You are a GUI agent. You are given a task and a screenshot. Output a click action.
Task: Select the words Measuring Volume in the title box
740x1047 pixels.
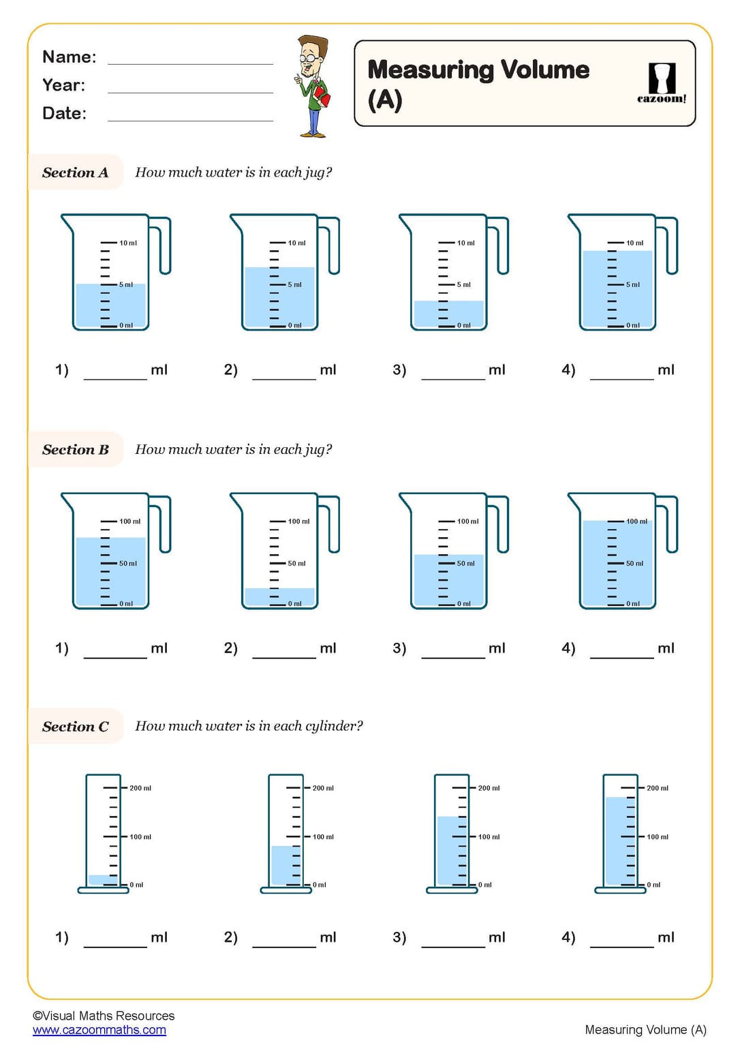click(478, 70)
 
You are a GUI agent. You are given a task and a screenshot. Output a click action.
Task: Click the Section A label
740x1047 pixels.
click(75, 172)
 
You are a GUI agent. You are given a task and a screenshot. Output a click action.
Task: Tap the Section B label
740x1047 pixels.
click(75, 450)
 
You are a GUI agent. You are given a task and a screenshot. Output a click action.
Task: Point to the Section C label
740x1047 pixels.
click(75, 727)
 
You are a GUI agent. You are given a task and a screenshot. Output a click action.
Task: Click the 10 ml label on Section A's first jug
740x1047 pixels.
click(128, 243)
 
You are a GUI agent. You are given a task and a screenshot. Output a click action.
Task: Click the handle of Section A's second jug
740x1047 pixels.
click(330, 245)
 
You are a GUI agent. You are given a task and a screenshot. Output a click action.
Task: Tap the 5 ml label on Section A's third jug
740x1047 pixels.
click(464, 284)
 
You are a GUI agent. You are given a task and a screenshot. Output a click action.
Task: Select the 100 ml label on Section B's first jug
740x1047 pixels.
click(129, 521)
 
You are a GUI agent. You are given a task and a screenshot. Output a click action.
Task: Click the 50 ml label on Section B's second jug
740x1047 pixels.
click(296, 563)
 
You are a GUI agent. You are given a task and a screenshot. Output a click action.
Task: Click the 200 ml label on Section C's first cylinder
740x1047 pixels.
click(140, 788)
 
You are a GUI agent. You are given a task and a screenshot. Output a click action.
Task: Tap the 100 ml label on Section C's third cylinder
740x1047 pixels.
click(489, 836)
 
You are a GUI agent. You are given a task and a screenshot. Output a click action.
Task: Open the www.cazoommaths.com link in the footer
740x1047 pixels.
click(99, 1030)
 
